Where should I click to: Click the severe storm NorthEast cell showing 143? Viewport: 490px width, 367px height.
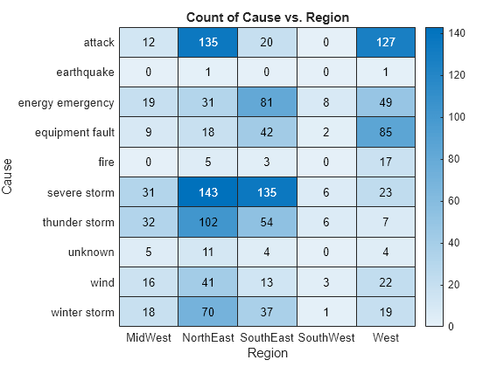point(208,192)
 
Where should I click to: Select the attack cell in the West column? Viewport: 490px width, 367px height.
point(386,42)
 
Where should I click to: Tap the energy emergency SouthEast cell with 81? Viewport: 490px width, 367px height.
point(267,102)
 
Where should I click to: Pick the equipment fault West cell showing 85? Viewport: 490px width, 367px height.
point(386,132)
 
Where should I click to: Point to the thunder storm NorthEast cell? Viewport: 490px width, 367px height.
point(208,222)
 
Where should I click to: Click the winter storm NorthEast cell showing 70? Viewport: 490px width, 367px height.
point(208,312)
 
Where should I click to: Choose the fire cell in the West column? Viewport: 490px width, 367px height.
point(386,162)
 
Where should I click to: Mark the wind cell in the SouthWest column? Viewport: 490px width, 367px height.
point(326,281)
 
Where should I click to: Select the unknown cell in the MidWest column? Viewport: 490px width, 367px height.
point(149,252)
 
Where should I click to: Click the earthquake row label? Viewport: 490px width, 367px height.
point(86,73)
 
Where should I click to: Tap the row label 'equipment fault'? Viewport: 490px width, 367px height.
point(74,132)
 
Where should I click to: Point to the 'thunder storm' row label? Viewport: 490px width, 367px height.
point(79,222)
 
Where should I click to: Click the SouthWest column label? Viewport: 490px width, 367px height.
point(326,337)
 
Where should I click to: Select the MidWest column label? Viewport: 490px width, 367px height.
point(149,337)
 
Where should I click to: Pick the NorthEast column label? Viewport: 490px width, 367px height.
point(208,337)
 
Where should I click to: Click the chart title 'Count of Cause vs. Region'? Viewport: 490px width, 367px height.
point(268,17)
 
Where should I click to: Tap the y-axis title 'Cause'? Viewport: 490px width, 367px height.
point(7,177)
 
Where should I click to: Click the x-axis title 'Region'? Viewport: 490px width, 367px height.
point(268,353)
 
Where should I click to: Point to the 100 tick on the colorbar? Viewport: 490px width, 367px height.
point(442,117)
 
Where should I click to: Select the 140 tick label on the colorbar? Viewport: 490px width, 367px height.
point(457,33)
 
